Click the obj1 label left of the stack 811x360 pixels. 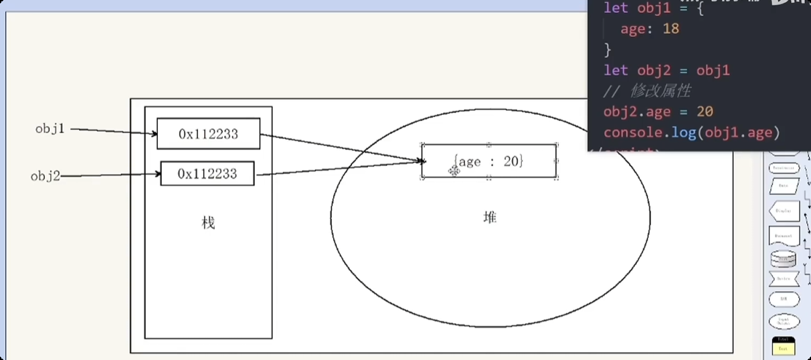(x=50, y=128)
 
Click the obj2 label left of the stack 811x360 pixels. (x=46, y=176)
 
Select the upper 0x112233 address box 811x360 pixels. (x=208, y=134)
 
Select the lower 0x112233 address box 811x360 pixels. (x=207, y=174)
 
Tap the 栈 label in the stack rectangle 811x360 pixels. (x=208, y=223)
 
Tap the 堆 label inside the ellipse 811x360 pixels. (x=490, y=217)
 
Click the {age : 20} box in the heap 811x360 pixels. (x=489, y=161)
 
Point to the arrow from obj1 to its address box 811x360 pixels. (x=114, y=131)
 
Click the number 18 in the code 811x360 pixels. (x=670, y=29)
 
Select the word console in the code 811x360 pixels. (x=631, y=132)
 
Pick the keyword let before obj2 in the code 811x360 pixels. (x=616, y=70)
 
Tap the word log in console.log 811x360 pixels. (x=684, y=132)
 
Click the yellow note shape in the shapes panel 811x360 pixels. (x=784, y=346)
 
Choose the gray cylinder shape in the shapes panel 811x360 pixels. (x=784, y=258)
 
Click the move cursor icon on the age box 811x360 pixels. (x=454, y=171)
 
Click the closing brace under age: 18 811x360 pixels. (x=608, y=50)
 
